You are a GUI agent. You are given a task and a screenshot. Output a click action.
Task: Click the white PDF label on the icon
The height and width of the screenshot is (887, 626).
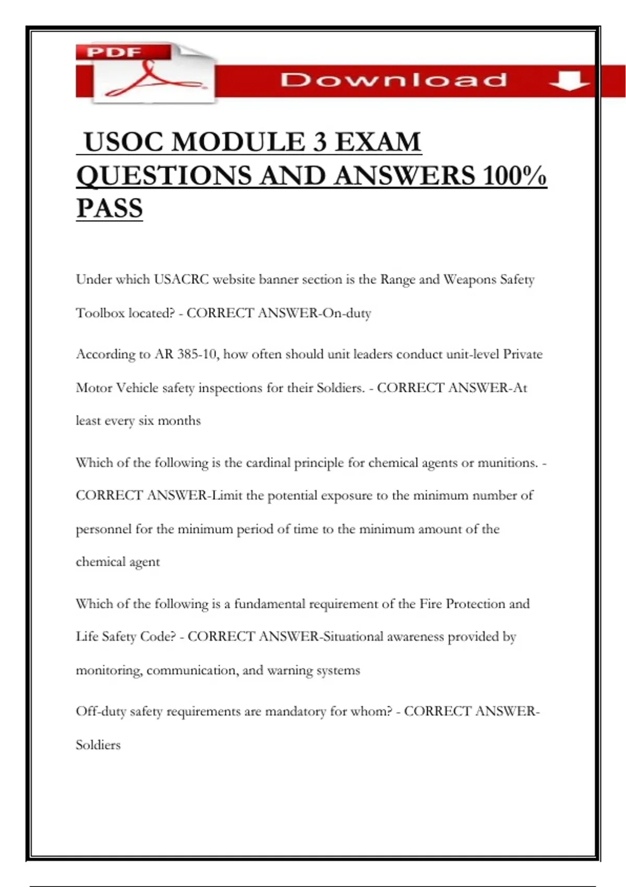[114, 52]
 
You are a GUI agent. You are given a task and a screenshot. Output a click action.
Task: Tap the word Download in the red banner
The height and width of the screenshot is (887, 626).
[394, 80]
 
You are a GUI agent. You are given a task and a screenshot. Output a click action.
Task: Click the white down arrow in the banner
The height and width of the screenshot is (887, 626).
[569, 81]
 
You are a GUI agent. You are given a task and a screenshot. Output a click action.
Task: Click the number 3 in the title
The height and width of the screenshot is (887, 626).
[320, 142]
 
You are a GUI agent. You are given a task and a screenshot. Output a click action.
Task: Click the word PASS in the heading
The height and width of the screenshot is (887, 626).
[110, 208]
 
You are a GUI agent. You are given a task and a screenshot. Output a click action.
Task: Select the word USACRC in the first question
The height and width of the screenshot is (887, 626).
[181, 280]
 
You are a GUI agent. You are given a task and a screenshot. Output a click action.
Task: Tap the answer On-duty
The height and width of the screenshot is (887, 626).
[347, 313]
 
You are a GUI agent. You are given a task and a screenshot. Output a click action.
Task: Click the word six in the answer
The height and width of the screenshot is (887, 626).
[146, 421]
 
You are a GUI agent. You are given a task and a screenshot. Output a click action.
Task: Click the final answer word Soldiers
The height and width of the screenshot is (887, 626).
[98, 745]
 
